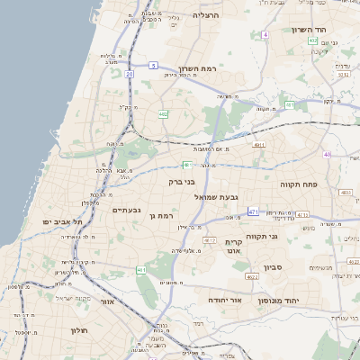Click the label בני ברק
click(x=183, y=182)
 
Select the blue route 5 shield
click(x=154, y=66)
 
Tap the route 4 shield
click(x=265, y=34)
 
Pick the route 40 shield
click(x=328, y=155)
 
